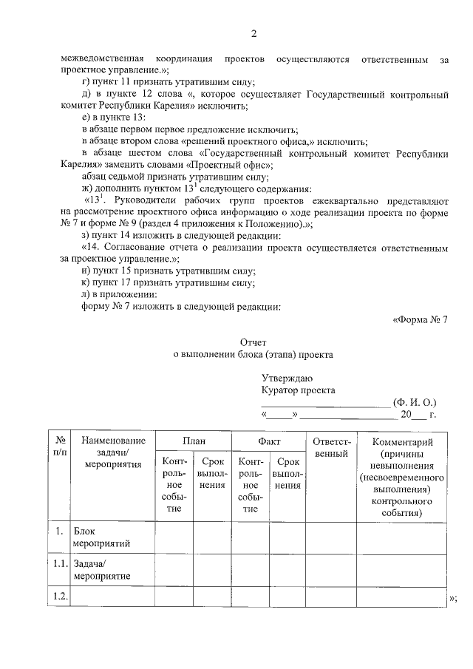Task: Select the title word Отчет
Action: [253, 342]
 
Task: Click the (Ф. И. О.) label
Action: [415, 402]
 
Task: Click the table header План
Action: [193, 440]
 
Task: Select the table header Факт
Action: [268, 440]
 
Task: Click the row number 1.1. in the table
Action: [61, 563]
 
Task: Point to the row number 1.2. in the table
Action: [61, 596]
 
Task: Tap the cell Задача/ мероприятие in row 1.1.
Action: [102, 569]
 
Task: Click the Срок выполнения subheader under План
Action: [212, 473]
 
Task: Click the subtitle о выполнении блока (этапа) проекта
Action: [253, 354]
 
